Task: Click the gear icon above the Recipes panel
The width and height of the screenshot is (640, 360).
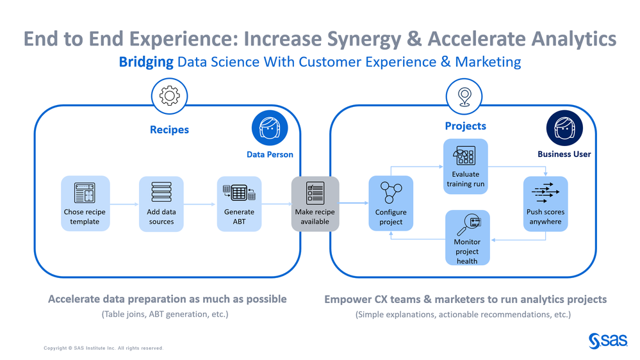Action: [x=169, y=96]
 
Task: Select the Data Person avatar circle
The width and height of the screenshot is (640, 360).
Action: [x=270, y=129]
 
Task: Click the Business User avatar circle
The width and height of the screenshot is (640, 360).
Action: [x=564, y=128]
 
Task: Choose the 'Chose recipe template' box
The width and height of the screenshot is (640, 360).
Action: [x=85, y=204]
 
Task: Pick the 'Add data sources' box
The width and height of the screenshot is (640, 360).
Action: [x=161, y=204]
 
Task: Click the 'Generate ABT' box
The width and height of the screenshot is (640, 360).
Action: [x=239, y=204]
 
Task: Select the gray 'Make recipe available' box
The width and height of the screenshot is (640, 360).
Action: [x=315, y=204]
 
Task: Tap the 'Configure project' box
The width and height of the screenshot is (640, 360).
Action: [x=391, y=204]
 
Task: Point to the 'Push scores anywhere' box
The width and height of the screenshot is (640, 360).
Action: [x=545, y=204]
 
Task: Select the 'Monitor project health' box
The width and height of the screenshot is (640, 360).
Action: [x=467, y=238]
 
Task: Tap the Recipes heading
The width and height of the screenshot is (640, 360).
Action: [x=169, y=129]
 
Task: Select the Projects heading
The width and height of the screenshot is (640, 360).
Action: [x=465, y=126]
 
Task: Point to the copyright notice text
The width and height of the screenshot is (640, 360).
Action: [x=103, y=348]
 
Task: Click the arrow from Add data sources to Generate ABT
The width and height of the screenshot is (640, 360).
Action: [x=200, y=205]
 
